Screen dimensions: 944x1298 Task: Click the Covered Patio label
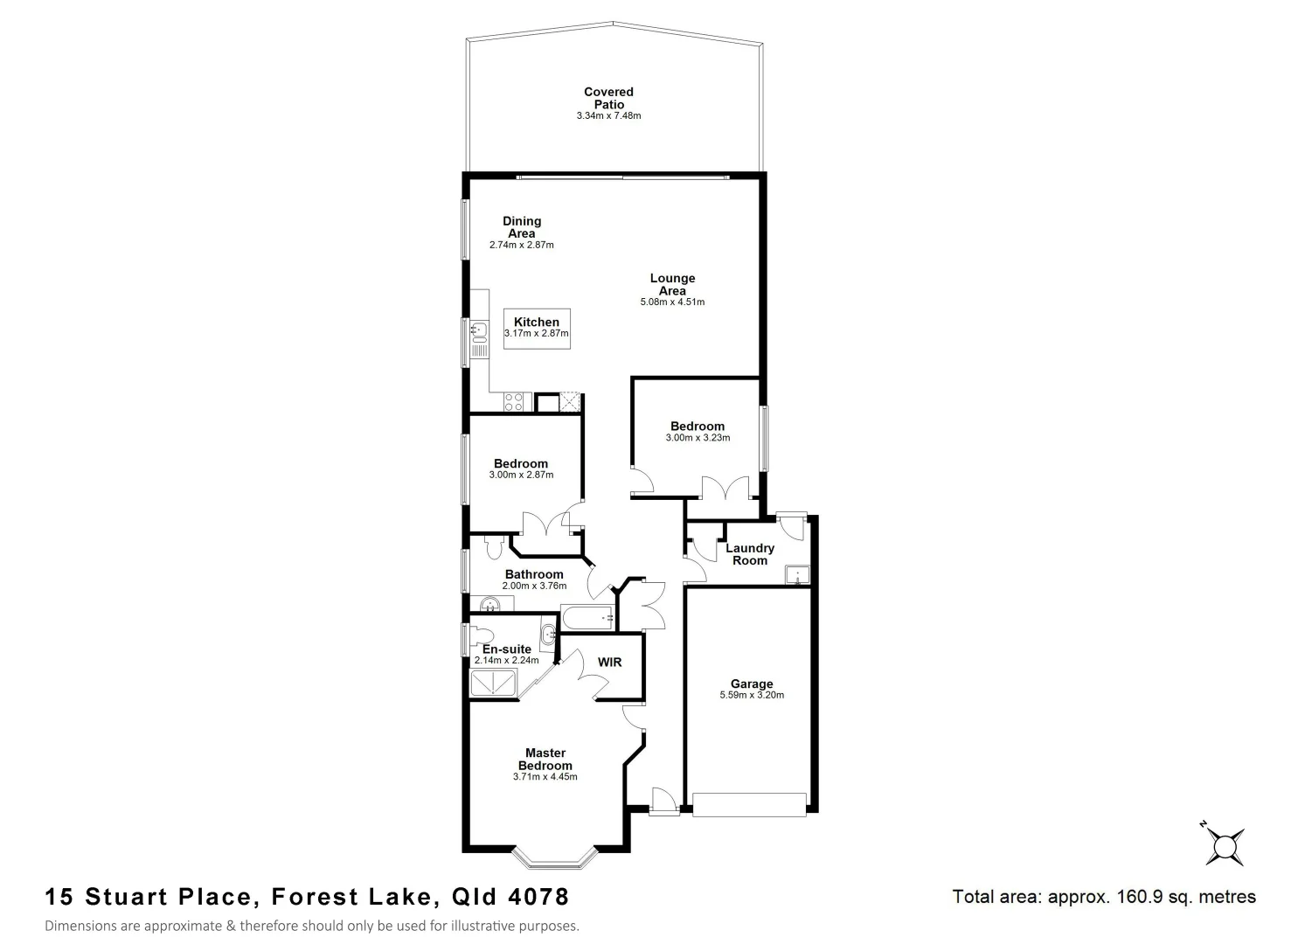coord(608,98)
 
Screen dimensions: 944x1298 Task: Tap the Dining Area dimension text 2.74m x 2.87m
coord(521,245)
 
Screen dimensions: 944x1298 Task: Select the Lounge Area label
coord(672,284)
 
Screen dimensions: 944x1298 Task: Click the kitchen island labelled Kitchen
coord(537,328)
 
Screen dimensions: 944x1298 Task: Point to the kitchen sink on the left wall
coord(478,330)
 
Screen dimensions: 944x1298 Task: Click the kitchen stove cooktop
coord(513,402)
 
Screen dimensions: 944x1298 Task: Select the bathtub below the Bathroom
coord(588,619)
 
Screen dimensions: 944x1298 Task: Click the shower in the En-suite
coord(493,684)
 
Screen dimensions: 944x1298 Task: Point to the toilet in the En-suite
coord(482,635)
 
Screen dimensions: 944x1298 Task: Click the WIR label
coord(609,663)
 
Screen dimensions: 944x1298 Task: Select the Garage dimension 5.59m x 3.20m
coord(751,696)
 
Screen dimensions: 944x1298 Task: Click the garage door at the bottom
coord(748,804)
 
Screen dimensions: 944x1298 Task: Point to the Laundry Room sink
coord(796,575)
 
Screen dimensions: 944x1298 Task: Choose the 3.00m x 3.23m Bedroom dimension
coord(697,438)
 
